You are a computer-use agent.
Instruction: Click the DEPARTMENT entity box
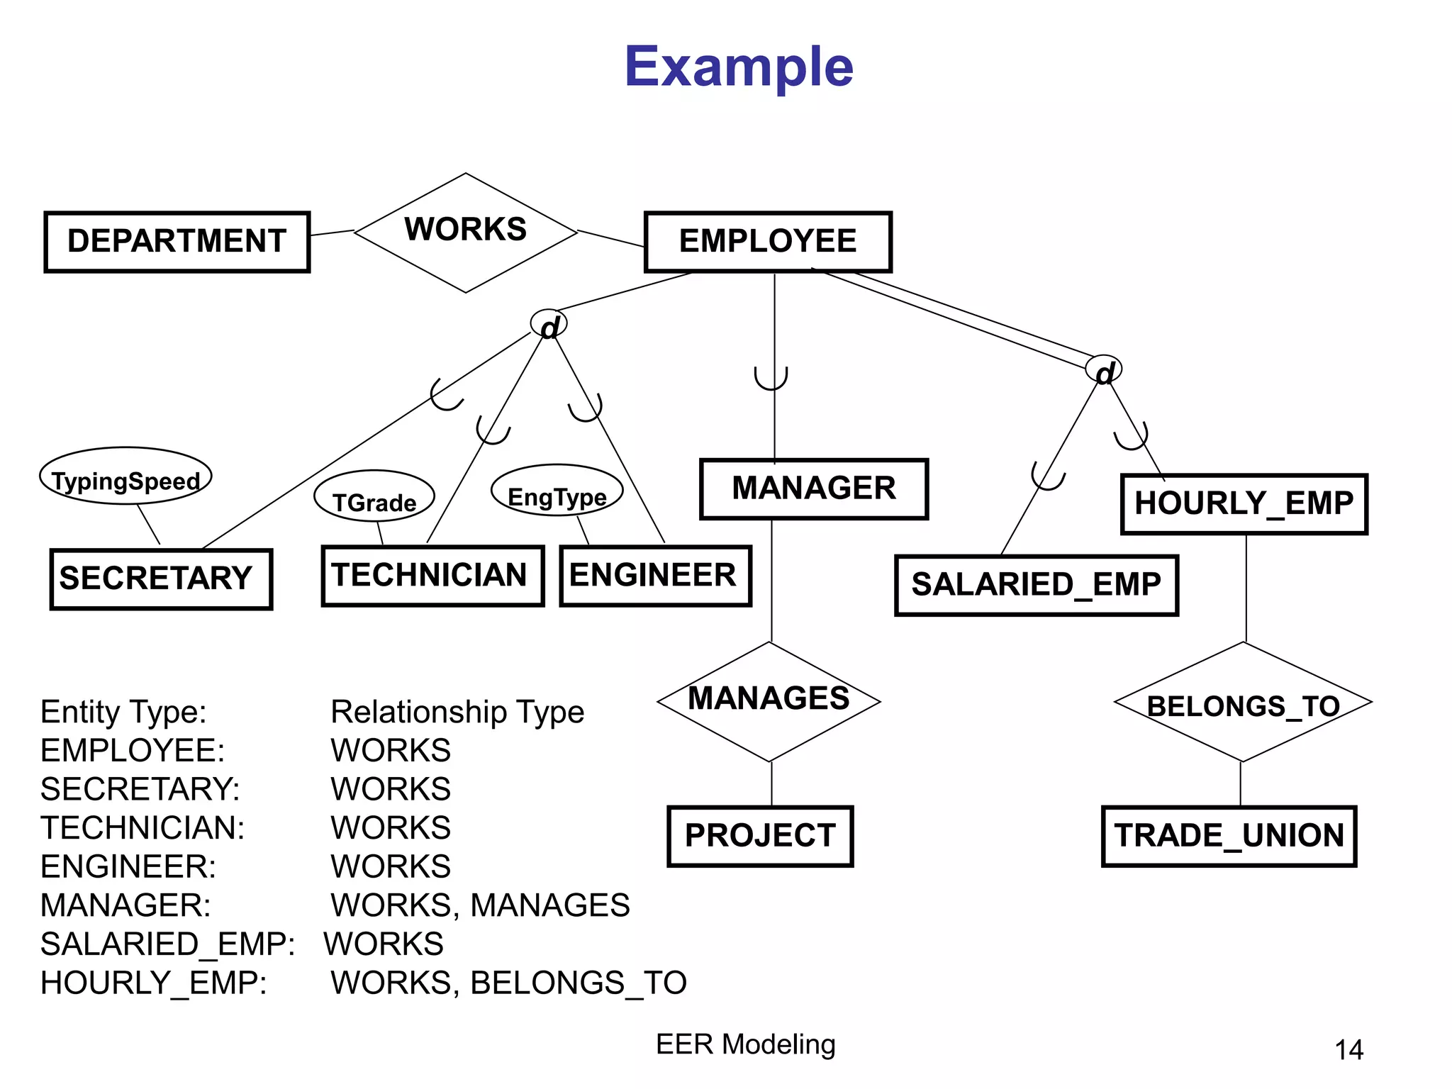coord(177,242)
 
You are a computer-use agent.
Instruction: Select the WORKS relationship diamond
coord(466,232)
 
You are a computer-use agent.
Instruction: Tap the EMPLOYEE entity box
coord(768,242)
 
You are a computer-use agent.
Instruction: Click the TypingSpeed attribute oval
coord(126,476)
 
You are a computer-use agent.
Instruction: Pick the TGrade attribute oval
coord(374,496)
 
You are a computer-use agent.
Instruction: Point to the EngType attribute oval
coord(557,491)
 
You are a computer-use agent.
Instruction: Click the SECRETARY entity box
coord(161,579)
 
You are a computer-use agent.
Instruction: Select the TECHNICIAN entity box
coord(432,576)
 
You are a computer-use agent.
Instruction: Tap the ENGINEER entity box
coord(655,576)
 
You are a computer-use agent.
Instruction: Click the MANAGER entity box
coord(814,489)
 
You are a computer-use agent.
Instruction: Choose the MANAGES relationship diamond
coord(769,701)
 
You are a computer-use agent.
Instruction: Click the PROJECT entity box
coord(760,836)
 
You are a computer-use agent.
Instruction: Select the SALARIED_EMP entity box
coord(1036,586)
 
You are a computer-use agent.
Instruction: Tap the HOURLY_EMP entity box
coord(1244,504)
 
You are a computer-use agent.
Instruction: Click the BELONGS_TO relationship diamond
coord(1243,703)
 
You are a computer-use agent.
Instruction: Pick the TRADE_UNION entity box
coord(1229,836)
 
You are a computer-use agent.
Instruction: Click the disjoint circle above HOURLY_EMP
coord(1104,370)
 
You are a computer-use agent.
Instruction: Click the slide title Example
coord(739,67)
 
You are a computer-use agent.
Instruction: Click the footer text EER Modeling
coord(746,1044)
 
